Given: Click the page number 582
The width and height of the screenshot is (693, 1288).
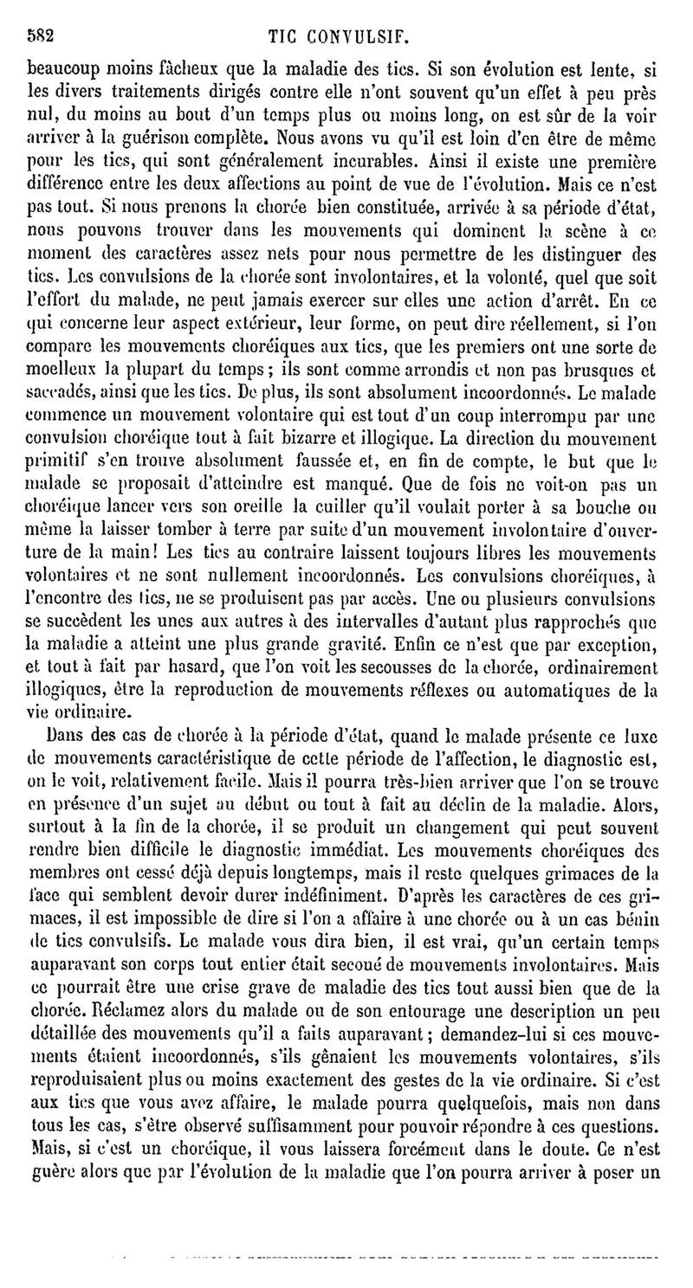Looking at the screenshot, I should [42, 38].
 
